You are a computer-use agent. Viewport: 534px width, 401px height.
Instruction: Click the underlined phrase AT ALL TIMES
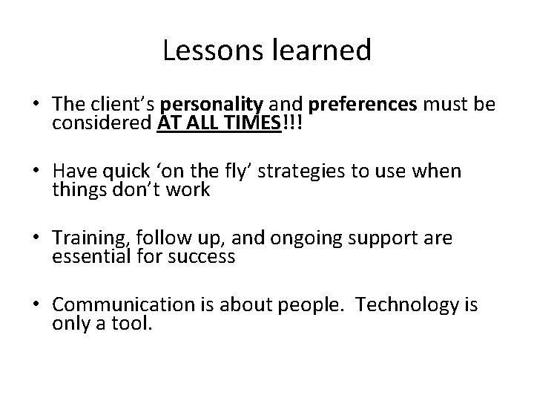220,123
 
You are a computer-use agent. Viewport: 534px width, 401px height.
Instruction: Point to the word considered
102,123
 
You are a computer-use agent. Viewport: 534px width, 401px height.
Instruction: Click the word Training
83,239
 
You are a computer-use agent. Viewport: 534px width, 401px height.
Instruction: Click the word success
202,257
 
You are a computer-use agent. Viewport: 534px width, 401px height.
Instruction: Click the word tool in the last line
134,324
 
